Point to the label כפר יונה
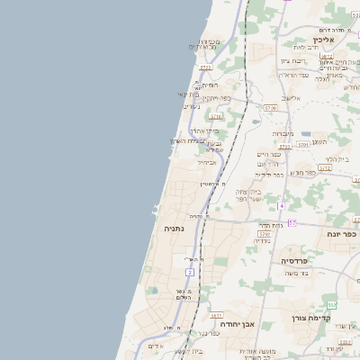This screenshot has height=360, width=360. (341, 234)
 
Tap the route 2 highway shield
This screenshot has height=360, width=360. (189, 271)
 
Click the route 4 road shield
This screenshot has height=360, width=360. (281, 206)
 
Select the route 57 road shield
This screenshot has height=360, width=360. (292, 221)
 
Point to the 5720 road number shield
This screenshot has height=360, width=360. (205, 67)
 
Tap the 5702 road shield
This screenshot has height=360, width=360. (265, 233)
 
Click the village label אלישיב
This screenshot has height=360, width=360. (290, 98)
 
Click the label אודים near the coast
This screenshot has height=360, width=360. (155, 346)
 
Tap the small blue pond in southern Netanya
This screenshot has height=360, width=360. (151, 291)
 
